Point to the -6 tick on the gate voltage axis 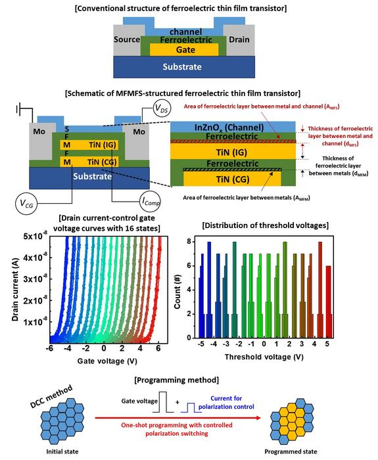pyautogui.click(x=51, y=348)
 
